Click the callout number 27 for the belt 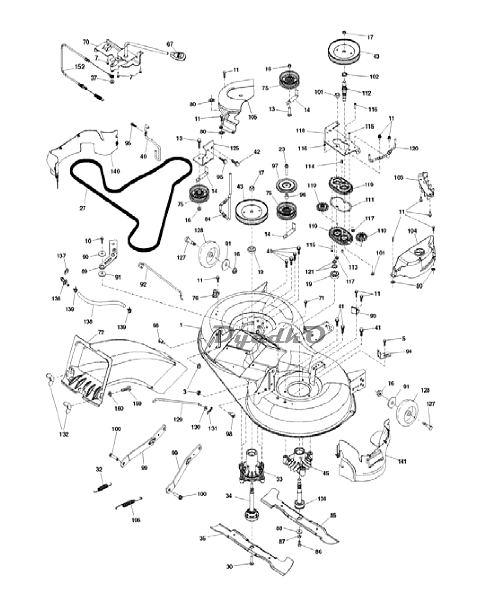83,208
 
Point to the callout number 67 170,43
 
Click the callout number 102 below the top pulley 374,76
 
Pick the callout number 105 252,117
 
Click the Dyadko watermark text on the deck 272,335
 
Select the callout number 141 402,462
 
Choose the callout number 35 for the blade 202,539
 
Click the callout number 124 322,499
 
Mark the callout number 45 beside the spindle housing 326,473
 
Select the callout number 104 412,231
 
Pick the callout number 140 115,171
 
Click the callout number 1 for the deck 181,325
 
